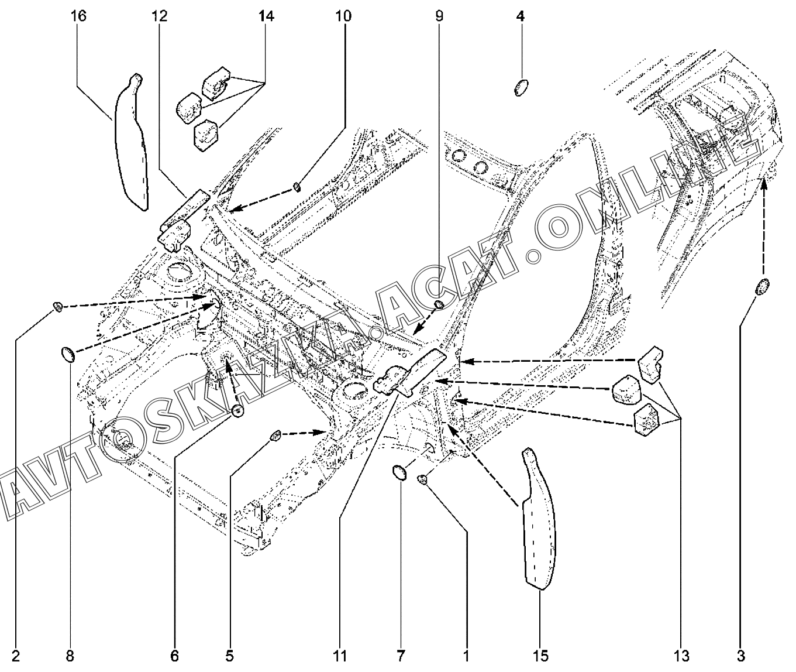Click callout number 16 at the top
(79, 16)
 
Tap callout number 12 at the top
(159, 16)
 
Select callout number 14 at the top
(266, 16)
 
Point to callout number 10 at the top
(343, 16)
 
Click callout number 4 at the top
(521, 16)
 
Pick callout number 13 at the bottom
(681, 656)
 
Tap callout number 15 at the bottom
(540, 656)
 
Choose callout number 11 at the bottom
(340, 656)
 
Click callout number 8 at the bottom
(70, 656)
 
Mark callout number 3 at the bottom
(740, 656)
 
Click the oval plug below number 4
(521, 88)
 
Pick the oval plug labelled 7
(399, 472)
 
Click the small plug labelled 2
(57, 306)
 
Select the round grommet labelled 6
(238, 411)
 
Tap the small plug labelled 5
(275, 436)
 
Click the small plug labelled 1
(422, 479)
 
